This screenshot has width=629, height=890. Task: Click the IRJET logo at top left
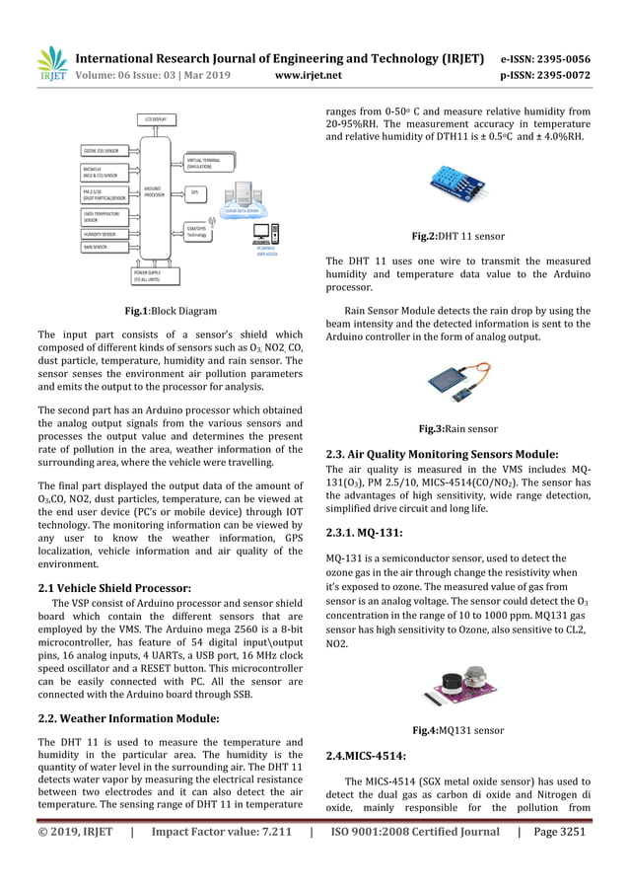click(50, 62)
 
